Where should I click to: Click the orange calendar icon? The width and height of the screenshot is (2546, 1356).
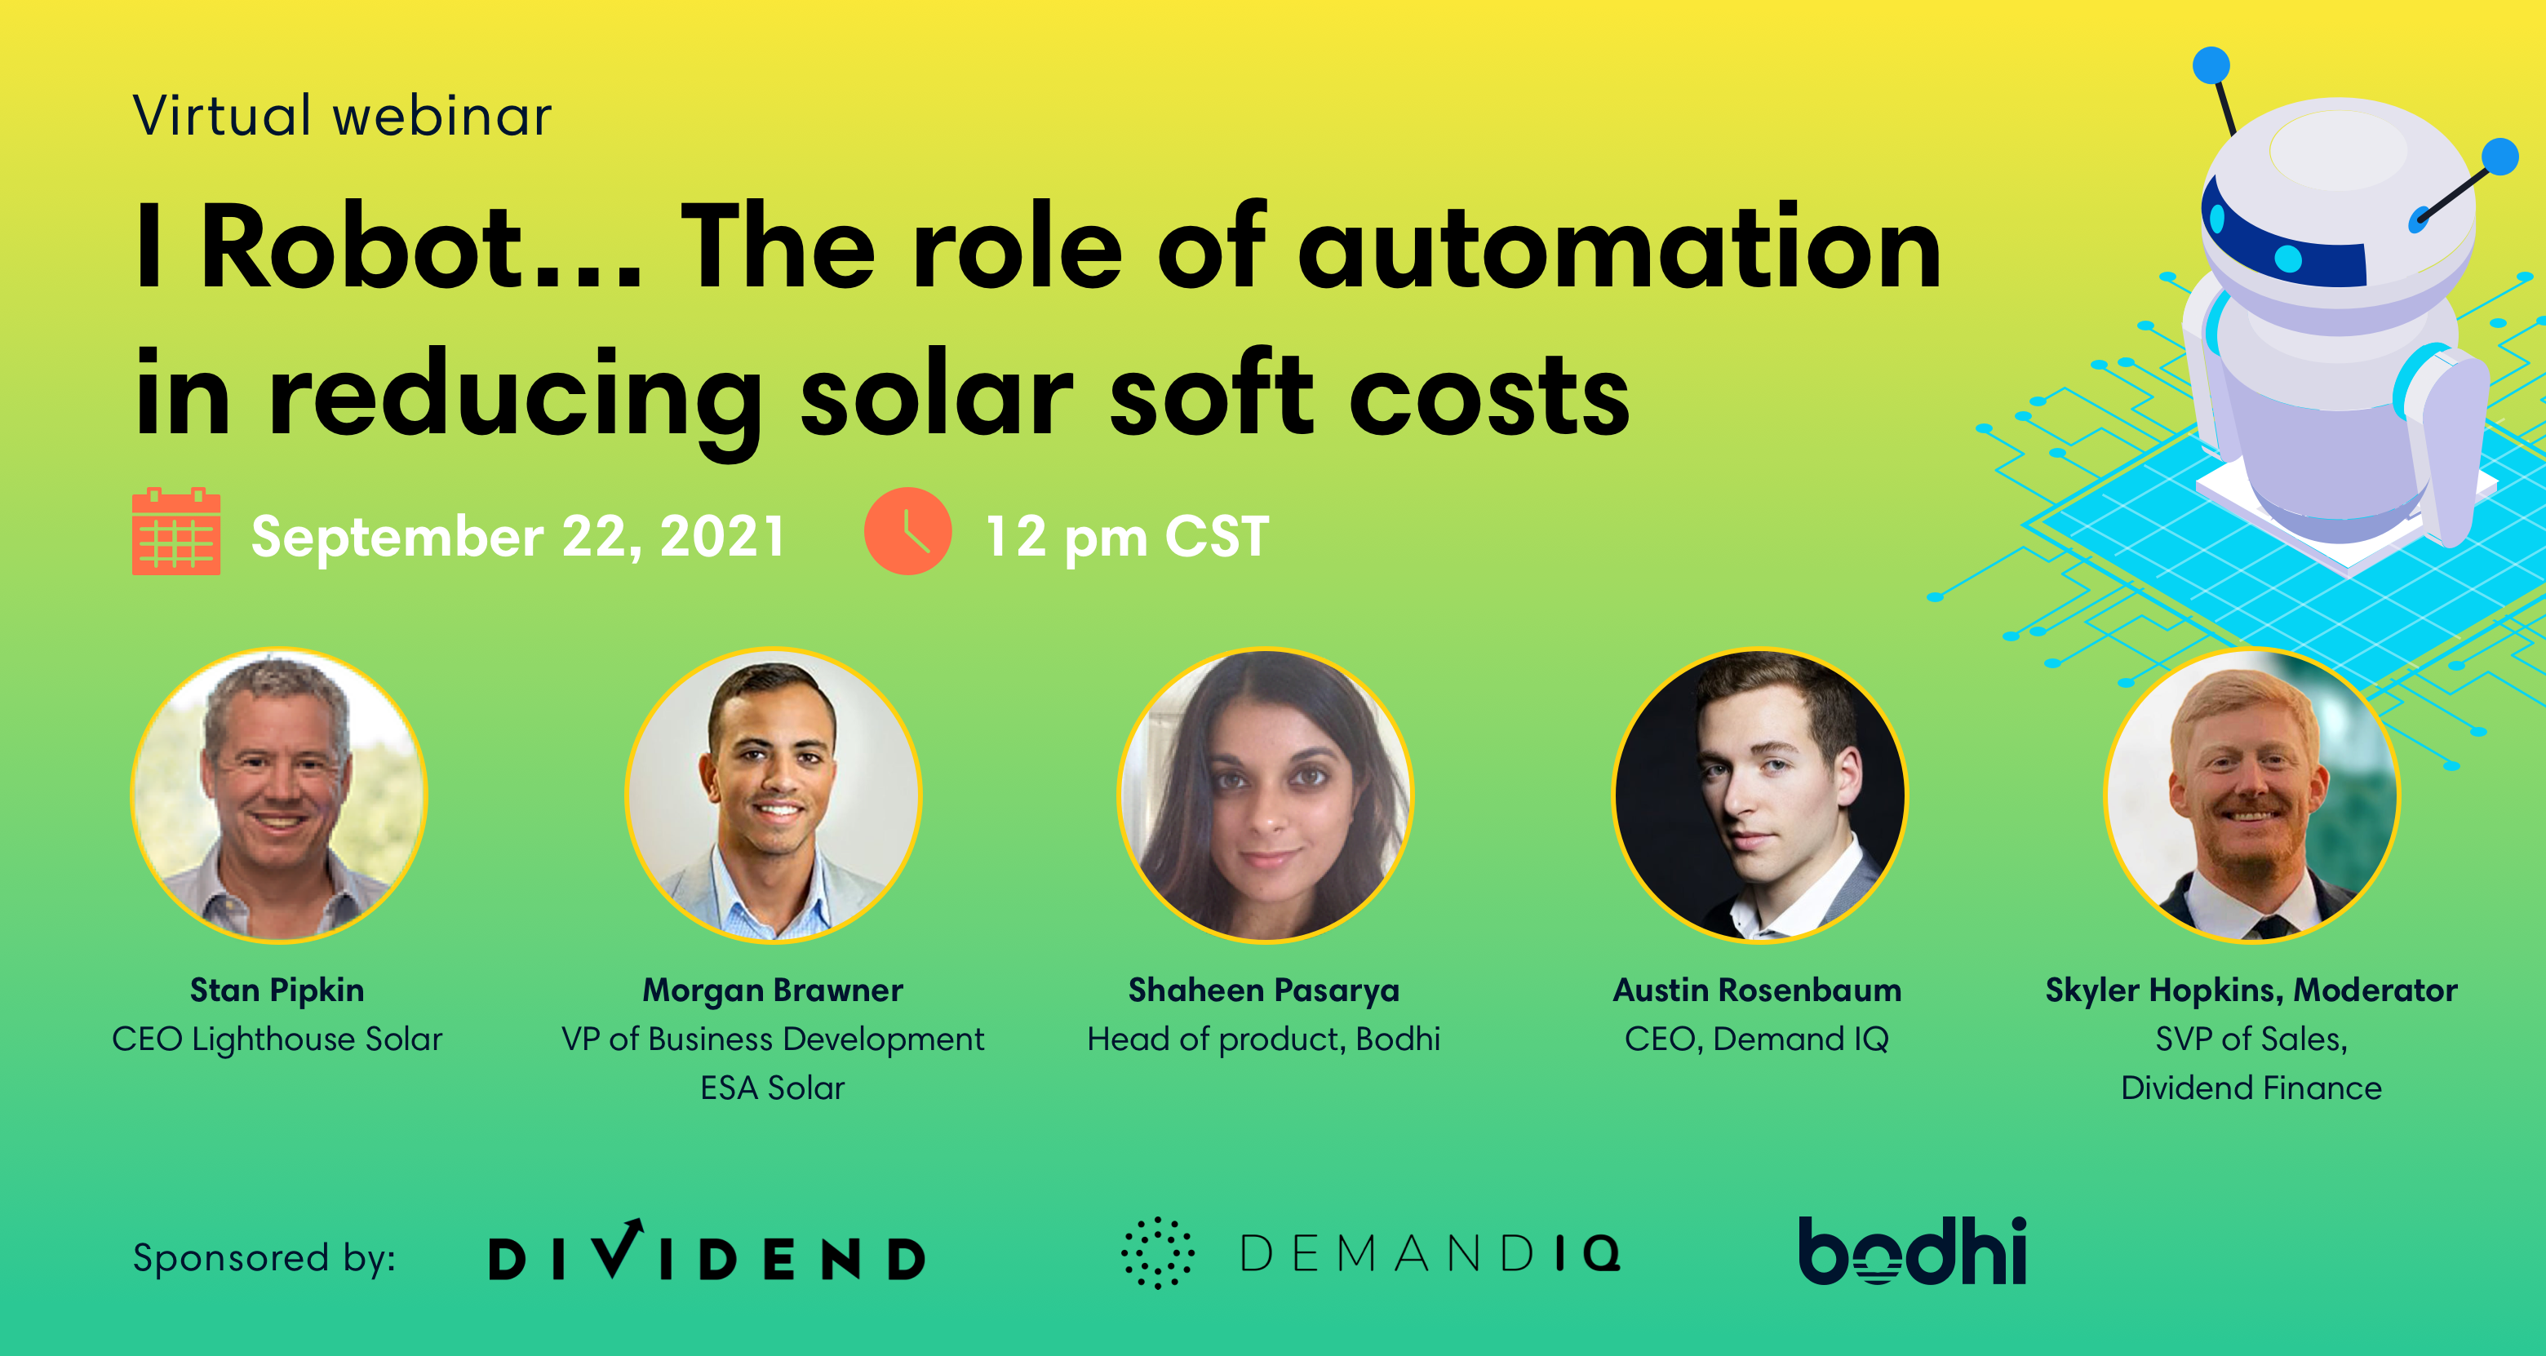176,531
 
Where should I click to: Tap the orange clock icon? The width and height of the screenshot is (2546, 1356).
907,531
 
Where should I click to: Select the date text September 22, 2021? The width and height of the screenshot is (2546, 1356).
518,537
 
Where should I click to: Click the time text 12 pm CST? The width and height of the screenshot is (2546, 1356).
1127,537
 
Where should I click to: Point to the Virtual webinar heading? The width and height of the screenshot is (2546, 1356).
342,116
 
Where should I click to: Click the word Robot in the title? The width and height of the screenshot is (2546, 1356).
361,247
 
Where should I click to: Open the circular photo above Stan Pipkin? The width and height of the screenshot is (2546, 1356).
279,795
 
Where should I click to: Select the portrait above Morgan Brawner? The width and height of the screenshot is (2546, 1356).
773,795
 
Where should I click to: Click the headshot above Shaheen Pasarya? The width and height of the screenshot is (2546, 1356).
1265,795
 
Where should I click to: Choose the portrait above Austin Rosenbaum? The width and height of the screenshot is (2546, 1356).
1759,795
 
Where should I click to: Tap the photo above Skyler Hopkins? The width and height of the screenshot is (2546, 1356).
2251,795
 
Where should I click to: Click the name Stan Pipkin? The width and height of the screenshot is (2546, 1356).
277,990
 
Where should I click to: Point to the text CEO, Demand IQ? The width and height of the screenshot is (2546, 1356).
1756,1039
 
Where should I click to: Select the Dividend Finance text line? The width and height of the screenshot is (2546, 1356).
2251,1088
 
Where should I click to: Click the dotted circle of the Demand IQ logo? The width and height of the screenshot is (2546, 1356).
1157,1253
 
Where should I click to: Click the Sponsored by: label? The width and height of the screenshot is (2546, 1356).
264,1257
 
